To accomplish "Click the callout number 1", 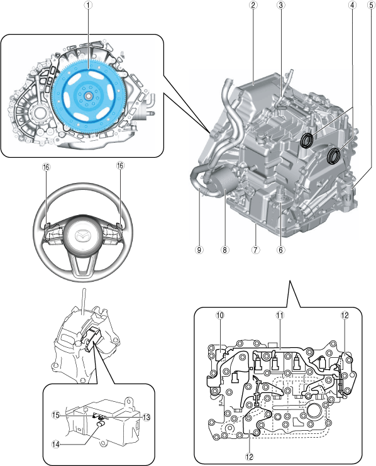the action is [x=88, y=5].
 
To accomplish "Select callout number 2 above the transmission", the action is [x=253, y=5].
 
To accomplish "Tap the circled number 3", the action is [x=280, y=5].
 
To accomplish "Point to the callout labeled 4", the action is [x=352, y=5].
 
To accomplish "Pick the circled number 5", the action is [x=371, y=5].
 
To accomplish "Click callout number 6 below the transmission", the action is [x=280, y=250].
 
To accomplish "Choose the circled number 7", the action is [x=255, y=250].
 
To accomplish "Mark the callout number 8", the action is [x=224, y=250].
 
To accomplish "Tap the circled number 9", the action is [x=199, y=250].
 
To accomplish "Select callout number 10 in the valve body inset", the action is [x=220, y=315].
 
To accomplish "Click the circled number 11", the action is [x=280, y=315].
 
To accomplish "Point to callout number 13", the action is [x=147, y=418].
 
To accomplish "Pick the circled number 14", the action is [x=56, y=445].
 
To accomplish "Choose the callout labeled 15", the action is [x=56, y=415].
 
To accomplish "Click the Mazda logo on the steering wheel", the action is [x=82, y=236].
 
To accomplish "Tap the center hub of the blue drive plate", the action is [x=88, y=96].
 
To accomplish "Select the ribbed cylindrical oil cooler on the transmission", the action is [x=223, y=182].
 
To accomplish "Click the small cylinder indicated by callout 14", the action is [x=102, y=424].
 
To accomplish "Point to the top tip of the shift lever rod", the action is [x=84, y=289].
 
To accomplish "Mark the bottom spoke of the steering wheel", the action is [x=82, y=265].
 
